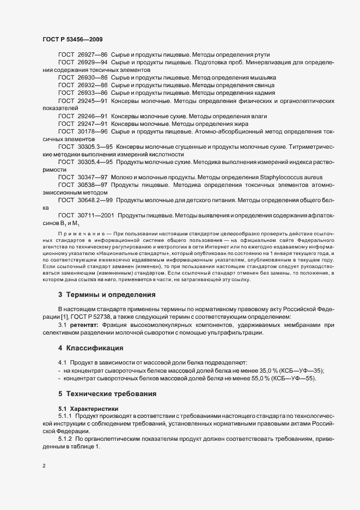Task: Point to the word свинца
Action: [x=259, y=86]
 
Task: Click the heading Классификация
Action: [x=97, y=348]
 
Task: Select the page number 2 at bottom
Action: [x=44, y=466]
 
